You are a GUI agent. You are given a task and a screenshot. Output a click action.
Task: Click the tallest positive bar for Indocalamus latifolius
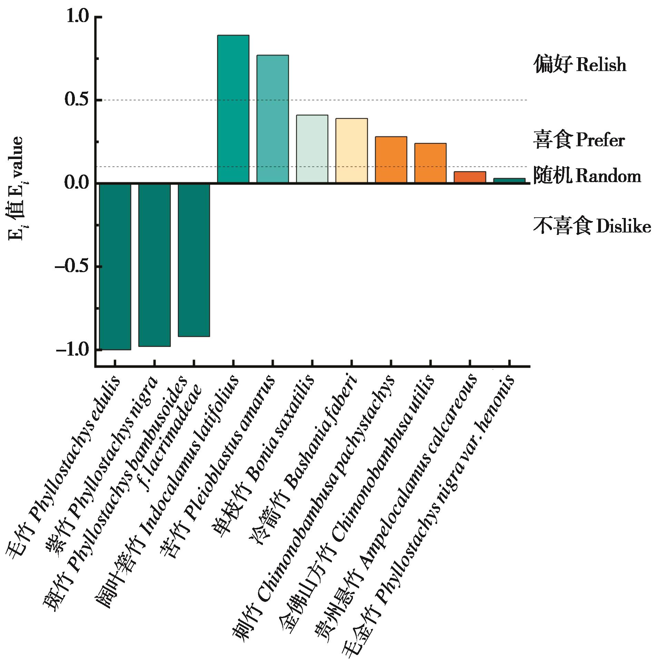(x=233, y=109)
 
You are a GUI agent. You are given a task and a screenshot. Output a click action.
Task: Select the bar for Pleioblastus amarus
(x=273, y=119)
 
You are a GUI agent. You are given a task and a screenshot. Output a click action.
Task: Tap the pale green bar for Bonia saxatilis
(x=312, y=149)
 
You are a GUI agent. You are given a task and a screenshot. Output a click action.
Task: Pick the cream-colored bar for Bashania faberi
(x=351, y=150)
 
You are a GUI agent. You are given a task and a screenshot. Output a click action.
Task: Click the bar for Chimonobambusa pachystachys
(x=391, y=159)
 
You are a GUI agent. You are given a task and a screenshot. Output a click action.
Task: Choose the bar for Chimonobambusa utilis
(x=430, y=163)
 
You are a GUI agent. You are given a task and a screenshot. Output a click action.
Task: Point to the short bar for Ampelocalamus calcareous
(x=470, y=177)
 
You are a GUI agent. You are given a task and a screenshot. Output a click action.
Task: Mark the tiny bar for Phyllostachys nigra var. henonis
(x=509, y=180)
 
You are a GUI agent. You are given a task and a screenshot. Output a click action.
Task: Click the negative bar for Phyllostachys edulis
(x=115, y=266)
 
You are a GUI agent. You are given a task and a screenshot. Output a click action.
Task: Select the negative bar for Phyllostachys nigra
(x=154, y=265)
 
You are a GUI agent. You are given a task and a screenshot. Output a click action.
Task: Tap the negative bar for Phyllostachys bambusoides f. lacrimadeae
(x=194, y=260)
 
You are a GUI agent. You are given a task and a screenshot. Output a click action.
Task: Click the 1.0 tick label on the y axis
(x=78, y=17)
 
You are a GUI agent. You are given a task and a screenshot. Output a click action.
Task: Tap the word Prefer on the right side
(x=600, y=140)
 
